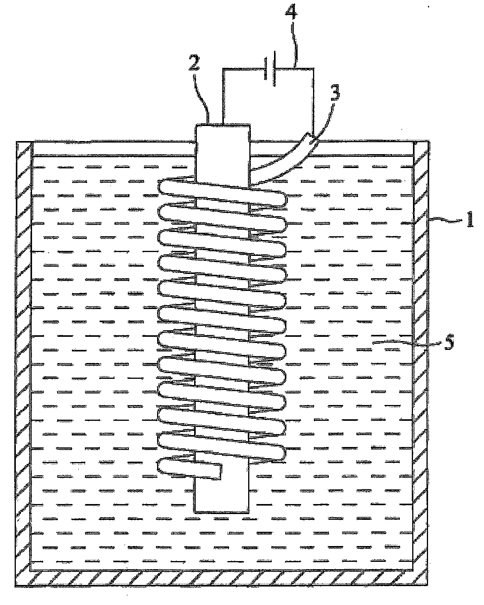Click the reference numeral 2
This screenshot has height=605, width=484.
point(194,62)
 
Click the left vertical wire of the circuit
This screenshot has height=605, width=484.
point(223,96)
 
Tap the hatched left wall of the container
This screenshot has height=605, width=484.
point(23,347)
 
